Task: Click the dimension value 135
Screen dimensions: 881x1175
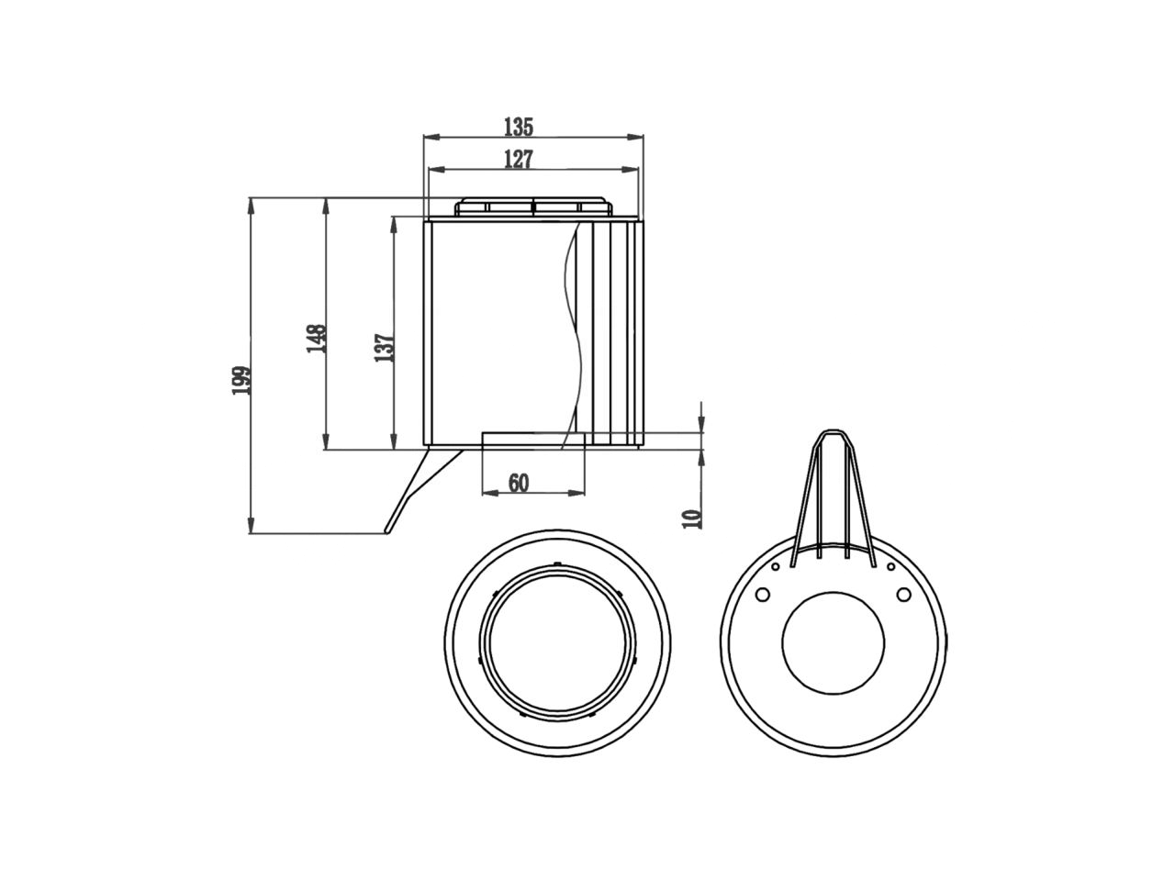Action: pyautogui.click(x=519, y=127)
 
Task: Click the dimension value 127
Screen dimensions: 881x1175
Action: pyautogui.click(x=519, y=160)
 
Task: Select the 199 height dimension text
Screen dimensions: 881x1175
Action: pyautogui.click(x=241, y=380)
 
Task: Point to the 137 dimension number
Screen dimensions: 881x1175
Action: pyautogui.click(x=385, y=347)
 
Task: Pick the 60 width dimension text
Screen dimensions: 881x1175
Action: pyautogui.click(x=519, y=483)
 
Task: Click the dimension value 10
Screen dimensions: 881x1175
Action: pyautogui.click(x=693, y=519)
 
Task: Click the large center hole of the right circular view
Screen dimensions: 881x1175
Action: pyautogui.click(x=834, y=640)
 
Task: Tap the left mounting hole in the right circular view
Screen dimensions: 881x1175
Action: pyautogui.click(x=762, y=595)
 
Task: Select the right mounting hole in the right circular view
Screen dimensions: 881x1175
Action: pyautogui.click(x=903, y=595)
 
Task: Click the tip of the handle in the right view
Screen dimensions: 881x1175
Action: pyautogui.click(x=834, y=433)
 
